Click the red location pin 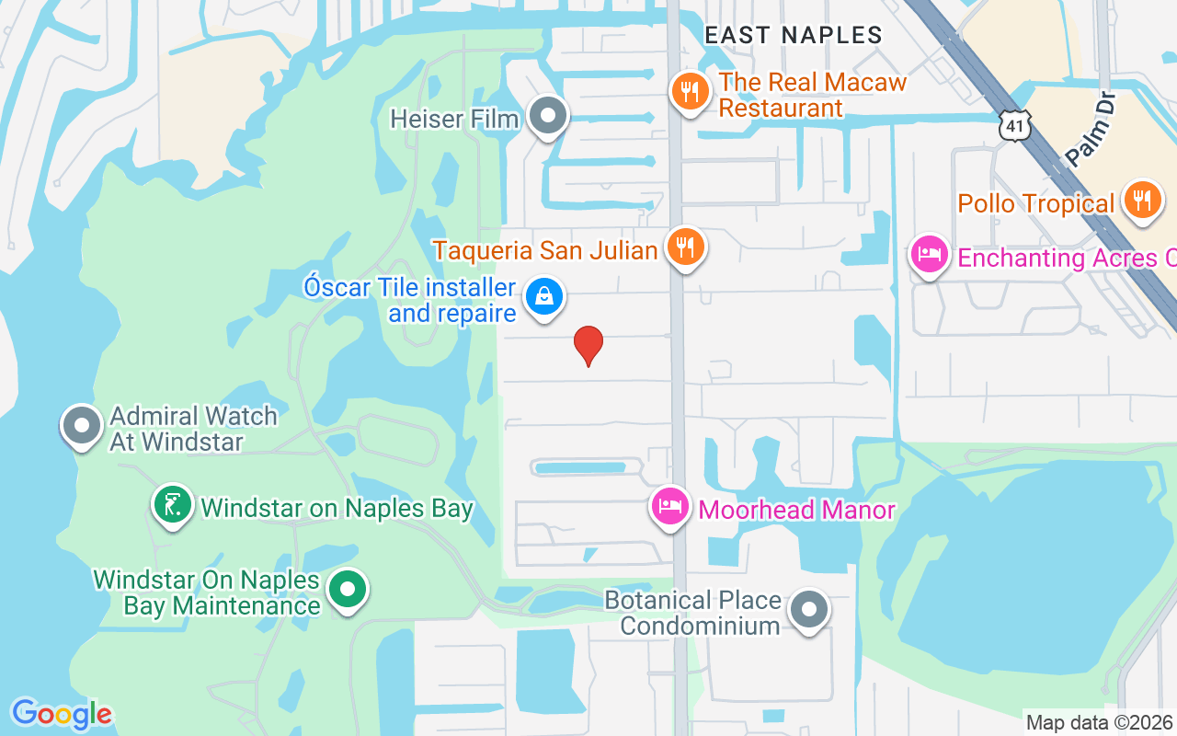[x=588, y=345]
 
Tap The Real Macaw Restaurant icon [x=689, y=91]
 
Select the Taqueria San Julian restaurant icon [x=685, y=247]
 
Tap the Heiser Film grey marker [x=549, y=117]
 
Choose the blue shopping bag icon [x=544, y=297]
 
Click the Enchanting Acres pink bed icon [x=929, y=254]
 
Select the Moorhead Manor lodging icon [x=670, y=505]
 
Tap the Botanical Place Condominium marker [x=810, y=608]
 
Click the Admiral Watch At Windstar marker [x=81, y=426]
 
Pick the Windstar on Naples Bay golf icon [x=172, y=504]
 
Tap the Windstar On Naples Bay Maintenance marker [x=349, y=589]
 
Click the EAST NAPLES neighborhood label [x=793, y=35]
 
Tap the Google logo [x=62, y=714]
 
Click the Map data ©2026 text [x=1099, y=722]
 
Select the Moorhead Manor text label [x=796, y=510]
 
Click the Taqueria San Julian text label [x=545, y=250]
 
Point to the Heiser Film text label [x=454, y=119]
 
